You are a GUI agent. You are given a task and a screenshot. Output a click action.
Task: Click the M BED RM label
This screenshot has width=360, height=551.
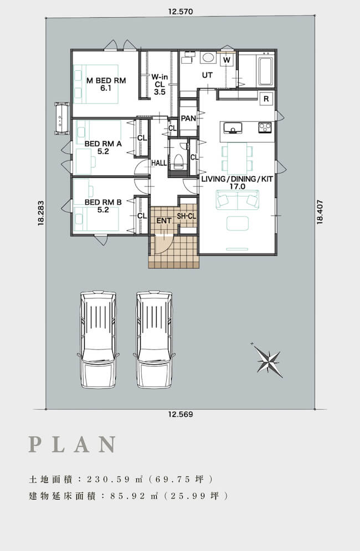106,80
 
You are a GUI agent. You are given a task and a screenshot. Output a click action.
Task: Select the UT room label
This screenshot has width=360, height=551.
208,75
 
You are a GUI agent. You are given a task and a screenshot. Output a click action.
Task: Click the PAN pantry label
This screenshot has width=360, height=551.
188,119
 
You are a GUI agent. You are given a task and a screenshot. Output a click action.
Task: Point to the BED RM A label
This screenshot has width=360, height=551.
103,144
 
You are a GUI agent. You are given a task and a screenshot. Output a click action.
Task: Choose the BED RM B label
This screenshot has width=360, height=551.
103,202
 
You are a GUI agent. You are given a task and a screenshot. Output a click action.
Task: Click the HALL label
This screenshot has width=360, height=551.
159,163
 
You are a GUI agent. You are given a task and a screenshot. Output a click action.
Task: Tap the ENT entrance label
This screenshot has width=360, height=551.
164,221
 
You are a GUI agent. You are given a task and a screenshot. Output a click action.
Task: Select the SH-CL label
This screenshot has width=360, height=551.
186,217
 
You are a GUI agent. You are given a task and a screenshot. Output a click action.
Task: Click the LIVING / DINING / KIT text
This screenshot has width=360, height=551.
237,179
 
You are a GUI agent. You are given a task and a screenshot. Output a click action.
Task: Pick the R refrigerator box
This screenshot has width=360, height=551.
266,99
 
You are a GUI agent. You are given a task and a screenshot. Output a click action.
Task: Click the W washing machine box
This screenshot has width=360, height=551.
227,60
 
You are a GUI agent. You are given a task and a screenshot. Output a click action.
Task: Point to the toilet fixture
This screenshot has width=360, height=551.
178,161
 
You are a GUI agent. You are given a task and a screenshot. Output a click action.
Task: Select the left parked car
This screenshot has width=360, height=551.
98,339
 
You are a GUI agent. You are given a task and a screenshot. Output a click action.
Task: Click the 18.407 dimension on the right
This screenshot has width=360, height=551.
320,212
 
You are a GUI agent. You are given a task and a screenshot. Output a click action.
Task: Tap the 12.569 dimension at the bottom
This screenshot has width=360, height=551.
181,414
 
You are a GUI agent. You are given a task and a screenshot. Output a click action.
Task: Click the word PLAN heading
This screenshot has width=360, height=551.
72,444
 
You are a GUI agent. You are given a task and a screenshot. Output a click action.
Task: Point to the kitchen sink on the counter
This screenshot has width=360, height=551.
233,128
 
